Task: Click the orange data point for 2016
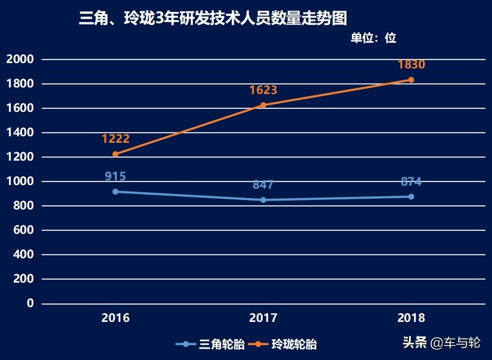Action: click(x=116, y=154)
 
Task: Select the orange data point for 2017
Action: click(x=263, y=105)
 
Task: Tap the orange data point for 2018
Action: click(x=411, y=80)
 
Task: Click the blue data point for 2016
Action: click(x=116, y=192)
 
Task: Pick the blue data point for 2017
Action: click(x=263, y=200)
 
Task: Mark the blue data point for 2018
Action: click(x=411, y=196)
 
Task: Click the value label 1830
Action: click(x=411, y=65)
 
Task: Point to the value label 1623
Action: click(x=263, y=90)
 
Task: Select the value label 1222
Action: click(x=116, y=139)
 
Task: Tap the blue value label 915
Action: click(x=116, y=176)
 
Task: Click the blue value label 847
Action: click(x=263, y=184)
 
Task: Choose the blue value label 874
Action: click(x=411, y=181)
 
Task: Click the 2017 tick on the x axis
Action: click(x=263, y=318)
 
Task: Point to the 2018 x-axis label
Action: click(x=411, y=318)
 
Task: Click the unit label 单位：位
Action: click(x=373, y=38)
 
